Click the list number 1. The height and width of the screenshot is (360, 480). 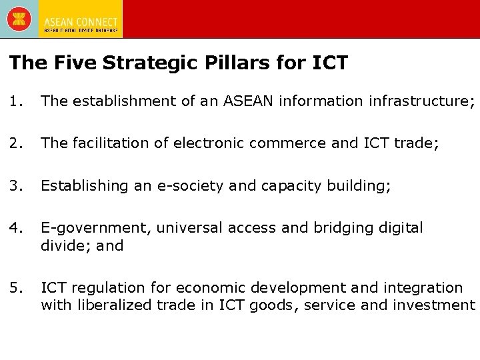pyautogui.click(x=16, y=101)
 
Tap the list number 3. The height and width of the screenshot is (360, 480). pyautogui.click(x=16, y=185)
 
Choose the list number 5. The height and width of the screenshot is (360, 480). pyautogui.click(x=16, y=288)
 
